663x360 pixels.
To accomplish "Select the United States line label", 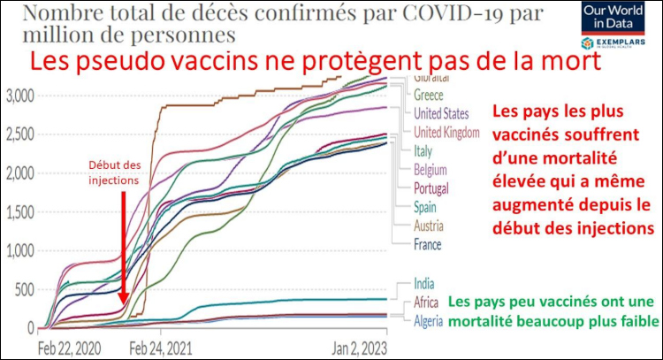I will click(446, 114).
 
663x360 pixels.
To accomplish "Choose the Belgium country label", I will click(430, 170).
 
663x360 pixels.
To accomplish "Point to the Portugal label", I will click(431, 188).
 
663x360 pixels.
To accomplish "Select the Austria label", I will click(428, 226).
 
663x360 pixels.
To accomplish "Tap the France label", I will click(427, 244).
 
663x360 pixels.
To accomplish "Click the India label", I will click(423, 284).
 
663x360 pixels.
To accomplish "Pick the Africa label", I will click(426, 303).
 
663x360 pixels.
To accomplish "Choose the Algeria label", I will click(429, 318).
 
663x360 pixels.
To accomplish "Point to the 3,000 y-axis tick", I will click(19, 95).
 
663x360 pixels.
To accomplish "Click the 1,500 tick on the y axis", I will click(19, 211).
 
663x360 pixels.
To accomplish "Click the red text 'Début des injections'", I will click(116, 173).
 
